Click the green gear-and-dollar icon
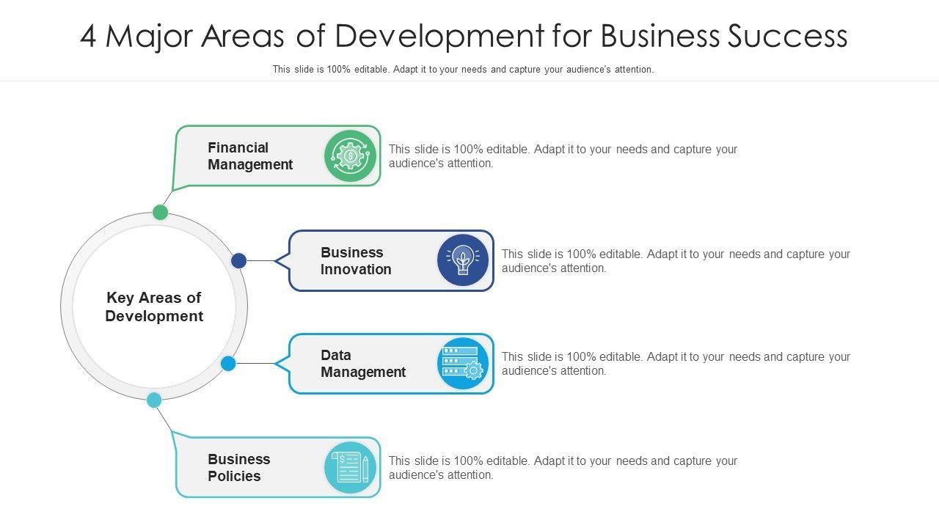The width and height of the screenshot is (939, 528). (351, 155)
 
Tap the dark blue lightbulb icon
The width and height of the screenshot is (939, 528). (463, 260)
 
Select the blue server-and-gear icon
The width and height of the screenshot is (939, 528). (463, 363)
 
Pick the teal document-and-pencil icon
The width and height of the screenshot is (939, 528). (351, 467)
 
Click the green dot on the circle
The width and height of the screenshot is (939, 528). (161, 213)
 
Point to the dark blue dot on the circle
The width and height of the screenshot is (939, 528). (238, 260)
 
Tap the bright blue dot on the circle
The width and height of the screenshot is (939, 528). (228, 363)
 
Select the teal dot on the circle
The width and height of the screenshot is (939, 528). (154, 400)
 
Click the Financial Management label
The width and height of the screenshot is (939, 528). (249, 156)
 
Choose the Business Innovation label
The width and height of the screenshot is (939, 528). (356, 261)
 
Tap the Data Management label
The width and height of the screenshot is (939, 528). (362, 364)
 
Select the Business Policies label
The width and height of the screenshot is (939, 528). (238, 468)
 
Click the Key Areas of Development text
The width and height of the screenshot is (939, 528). (154, 307)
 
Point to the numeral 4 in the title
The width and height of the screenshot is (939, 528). (88, 37)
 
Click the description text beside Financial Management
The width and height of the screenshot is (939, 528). (563, 156)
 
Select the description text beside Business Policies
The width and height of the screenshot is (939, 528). (563, 468)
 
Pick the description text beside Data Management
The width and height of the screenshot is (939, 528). (676, 364)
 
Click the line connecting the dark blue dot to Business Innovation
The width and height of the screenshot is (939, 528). (260, 260)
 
